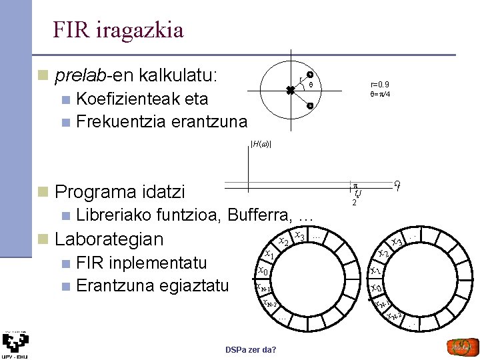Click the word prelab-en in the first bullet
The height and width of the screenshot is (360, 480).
86,75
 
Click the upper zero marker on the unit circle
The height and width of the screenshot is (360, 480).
311,75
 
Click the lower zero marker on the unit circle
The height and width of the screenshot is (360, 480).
311,106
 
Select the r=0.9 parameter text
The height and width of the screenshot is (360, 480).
380,85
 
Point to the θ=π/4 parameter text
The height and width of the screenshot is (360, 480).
380,94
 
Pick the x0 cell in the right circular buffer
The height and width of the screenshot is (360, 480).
376,288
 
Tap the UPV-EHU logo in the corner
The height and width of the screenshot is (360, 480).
15,345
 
